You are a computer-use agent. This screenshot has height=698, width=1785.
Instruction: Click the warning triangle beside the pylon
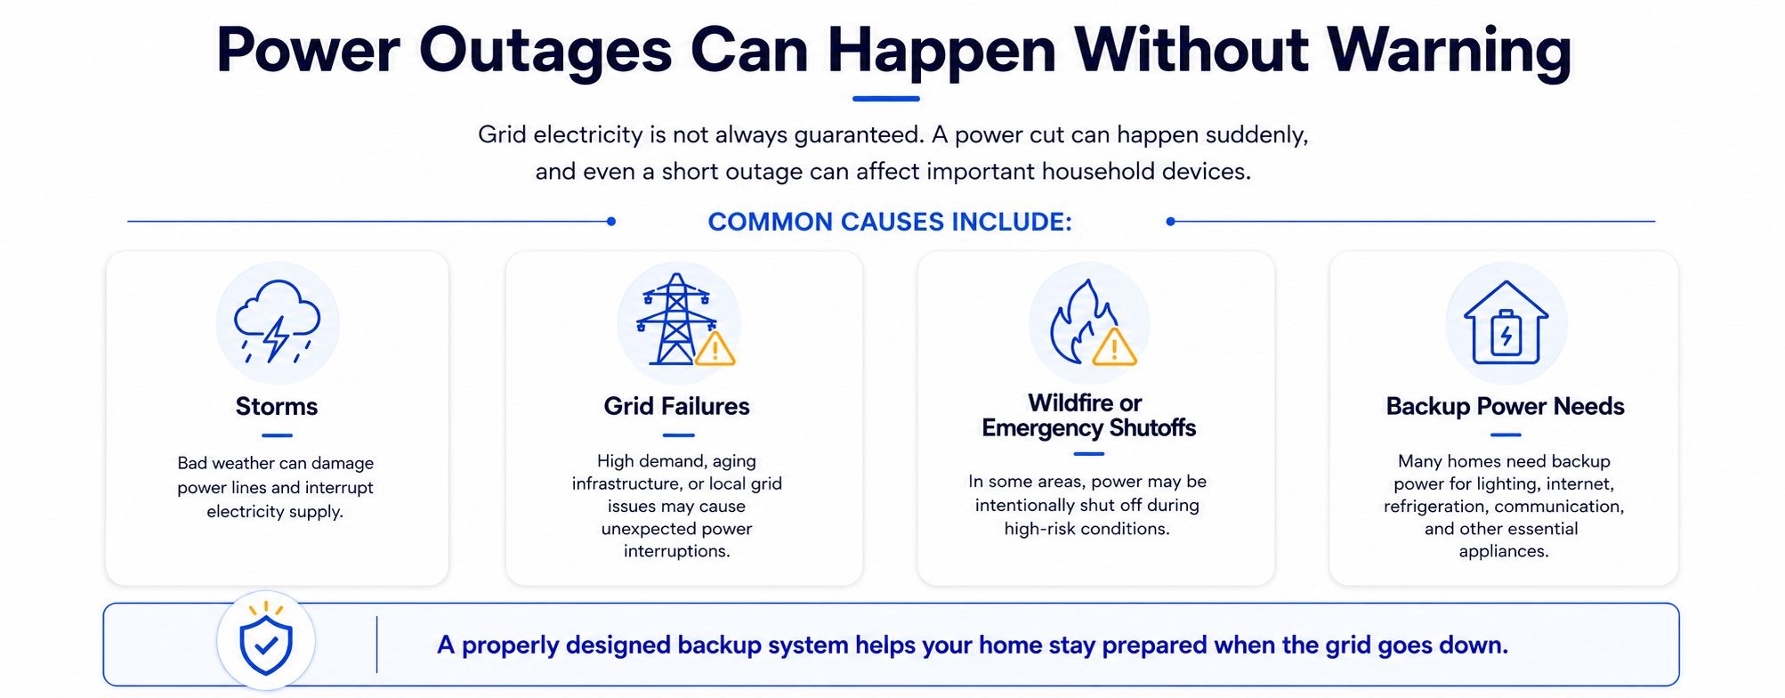tap(715, 349)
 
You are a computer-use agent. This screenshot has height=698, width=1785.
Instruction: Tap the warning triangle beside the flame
tap(1114, 347)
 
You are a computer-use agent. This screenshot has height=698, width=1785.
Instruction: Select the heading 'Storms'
tap(277, 407)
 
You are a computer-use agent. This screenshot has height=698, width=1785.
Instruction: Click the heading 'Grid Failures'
tap(676, 407)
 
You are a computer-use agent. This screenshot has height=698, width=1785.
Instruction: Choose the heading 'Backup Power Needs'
tap(1505, 407)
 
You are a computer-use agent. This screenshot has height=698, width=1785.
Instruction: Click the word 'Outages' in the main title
tap(545, 52)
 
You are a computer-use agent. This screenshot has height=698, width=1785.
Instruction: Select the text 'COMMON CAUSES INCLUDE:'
tap(890, 222)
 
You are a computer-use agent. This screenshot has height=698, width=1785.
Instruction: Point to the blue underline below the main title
tap(886, 99)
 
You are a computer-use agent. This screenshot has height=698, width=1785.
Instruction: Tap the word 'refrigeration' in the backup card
tap(1436, 507)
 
